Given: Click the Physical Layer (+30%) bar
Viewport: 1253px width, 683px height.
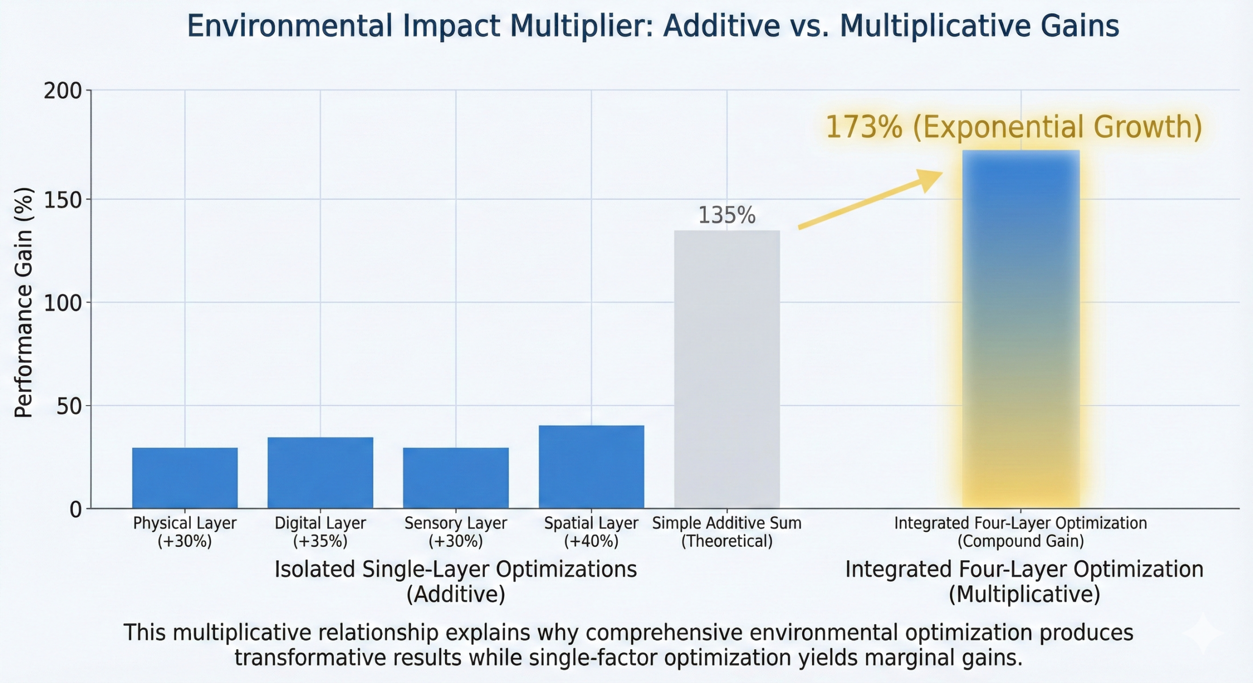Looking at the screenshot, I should (185, 478).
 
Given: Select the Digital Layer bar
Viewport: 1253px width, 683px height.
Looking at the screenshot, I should (320, 473).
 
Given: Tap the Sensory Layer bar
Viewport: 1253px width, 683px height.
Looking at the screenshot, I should (456, 478).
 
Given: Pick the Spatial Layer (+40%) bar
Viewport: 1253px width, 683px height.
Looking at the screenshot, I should (591, 467).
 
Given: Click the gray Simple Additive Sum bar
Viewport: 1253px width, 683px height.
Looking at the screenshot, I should (727, 369).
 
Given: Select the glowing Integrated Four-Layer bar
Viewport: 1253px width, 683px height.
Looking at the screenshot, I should (1021, 329).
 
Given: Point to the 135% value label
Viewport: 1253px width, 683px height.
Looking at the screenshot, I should (727, 215).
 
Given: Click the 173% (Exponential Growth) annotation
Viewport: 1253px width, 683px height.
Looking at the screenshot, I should (1014, 127).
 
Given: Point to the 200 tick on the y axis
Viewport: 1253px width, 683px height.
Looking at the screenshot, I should (63, 91).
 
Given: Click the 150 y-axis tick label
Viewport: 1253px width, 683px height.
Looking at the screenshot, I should (63, 200).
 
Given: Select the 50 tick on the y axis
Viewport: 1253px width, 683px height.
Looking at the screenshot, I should (69, 406).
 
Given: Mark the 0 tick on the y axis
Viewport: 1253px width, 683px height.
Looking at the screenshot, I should (75, 510).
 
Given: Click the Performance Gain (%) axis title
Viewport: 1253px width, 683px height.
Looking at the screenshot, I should (23, 302).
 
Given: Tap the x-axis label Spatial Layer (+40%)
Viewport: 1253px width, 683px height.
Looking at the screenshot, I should (591, 532).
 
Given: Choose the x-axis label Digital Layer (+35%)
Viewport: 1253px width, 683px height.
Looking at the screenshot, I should (320, 532).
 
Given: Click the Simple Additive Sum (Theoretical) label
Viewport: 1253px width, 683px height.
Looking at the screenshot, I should (727, 532).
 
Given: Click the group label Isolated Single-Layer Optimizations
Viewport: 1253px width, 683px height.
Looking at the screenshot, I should (456, 570).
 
